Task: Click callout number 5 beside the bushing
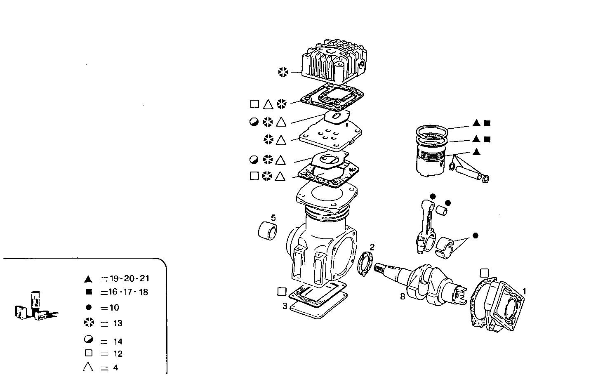(273, 217)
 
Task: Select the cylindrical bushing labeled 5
(268, 230)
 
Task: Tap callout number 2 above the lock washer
(372, 247)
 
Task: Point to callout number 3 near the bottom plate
(285, 306)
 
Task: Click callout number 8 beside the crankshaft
(403, 296)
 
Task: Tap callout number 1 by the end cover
(524, 291)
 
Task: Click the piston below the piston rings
(431, 163)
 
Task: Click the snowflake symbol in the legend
(88, 323)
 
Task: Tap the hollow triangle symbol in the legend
(88, 367)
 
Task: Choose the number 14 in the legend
(118, 342)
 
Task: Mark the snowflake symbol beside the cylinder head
(283, 72)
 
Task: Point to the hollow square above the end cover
(485, 273)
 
